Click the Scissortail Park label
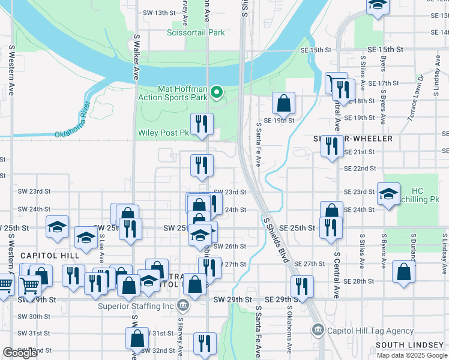pos(196,33)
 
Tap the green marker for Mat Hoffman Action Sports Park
pos(217,92)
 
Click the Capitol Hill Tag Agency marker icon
pos(318,330)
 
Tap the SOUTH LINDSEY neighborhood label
pos(409,345)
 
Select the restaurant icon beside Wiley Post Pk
pos(202,124)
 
